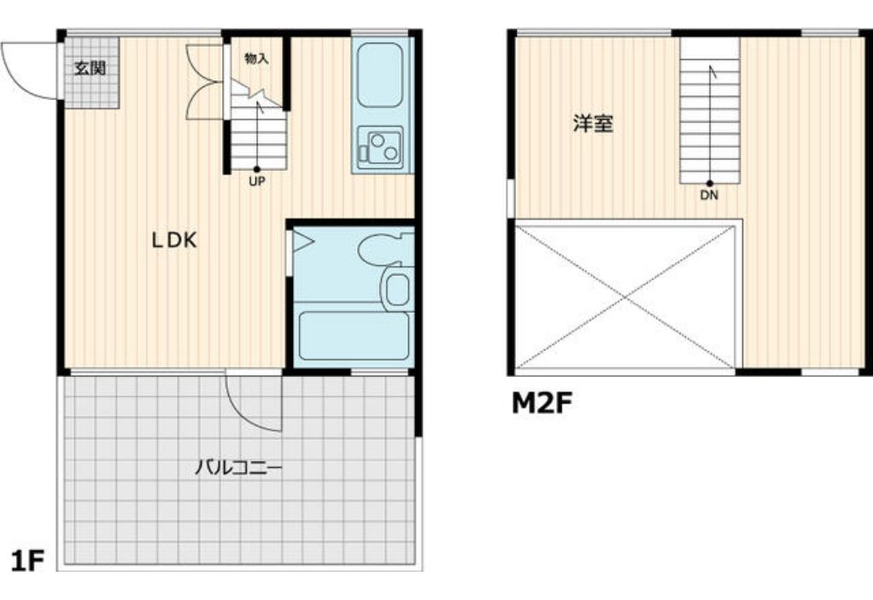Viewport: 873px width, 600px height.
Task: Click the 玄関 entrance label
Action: coord(91,69)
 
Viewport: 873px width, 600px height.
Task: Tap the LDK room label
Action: coord(175,241)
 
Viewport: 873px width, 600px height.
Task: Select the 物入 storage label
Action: coord(256,58)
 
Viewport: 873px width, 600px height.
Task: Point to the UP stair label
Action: coord(256,181)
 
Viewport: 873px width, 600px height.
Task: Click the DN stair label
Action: coord(709,196)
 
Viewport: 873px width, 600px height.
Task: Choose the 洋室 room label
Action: coord(594,123)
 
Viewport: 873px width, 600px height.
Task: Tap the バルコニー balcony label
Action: coord(239,467)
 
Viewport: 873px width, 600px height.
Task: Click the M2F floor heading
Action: coord(542,404)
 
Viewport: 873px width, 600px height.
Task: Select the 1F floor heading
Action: coord(27,561)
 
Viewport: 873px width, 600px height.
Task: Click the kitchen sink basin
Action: coord(380,75)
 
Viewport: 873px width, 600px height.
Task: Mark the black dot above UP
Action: coord(256,168)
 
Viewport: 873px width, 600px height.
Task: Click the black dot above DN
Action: coord(710,183)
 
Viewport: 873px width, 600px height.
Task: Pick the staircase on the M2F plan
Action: coord(710,110)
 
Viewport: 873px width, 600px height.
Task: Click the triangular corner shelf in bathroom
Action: coord(302,241)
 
